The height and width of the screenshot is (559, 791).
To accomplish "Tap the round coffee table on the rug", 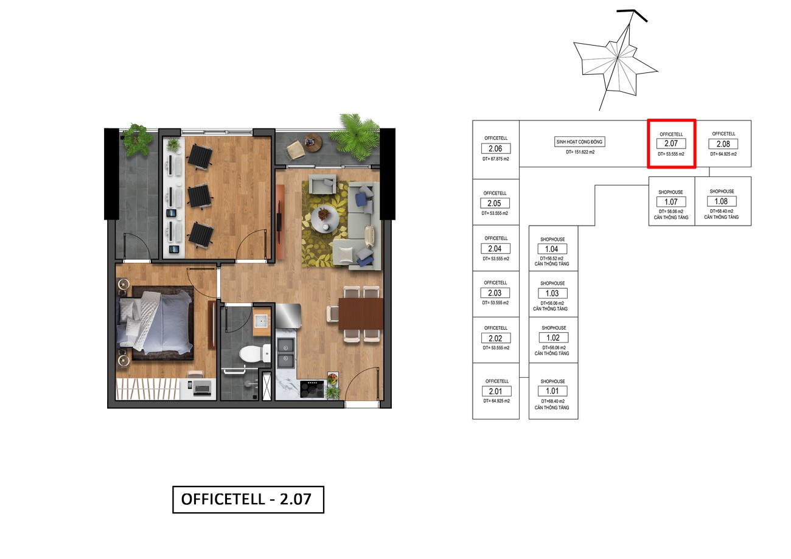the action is tap(325, 219).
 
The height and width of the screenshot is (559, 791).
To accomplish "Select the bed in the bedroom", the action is tap(155, 323).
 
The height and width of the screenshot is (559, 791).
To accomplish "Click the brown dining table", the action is tap(361, 314).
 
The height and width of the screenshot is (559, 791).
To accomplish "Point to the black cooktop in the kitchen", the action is tap(312, 389).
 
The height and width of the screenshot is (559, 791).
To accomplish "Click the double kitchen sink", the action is tap(286, 353).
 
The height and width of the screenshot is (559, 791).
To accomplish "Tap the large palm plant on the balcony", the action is tap(354, 137).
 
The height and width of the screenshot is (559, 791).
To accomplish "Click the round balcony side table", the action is tap(313, 142).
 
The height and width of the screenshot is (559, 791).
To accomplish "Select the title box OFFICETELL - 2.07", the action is tap(248, 499).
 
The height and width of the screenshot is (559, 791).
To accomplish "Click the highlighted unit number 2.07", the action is tap(671, 144).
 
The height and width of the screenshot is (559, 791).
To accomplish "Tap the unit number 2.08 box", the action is tap(723, 144).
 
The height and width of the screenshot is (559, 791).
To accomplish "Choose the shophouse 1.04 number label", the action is tap(552, 249).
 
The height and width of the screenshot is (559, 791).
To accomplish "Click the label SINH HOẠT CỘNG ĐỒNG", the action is tap(579, 142).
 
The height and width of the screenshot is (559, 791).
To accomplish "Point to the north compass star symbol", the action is tap(616, 60).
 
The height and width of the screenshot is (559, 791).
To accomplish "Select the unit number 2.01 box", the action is tap(497, 391).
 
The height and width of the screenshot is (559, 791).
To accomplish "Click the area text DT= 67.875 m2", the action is tap(496, 159).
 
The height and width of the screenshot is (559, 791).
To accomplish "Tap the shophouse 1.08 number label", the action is tap(722, 201).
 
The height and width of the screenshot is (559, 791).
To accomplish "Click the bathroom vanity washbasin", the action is tap(261, 322).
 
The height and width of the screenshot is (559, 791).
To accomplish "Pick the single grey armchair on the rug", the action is tap(322, 184).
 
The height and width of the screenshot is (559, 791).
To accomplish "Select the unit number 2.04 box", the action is tap(495, 248).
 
